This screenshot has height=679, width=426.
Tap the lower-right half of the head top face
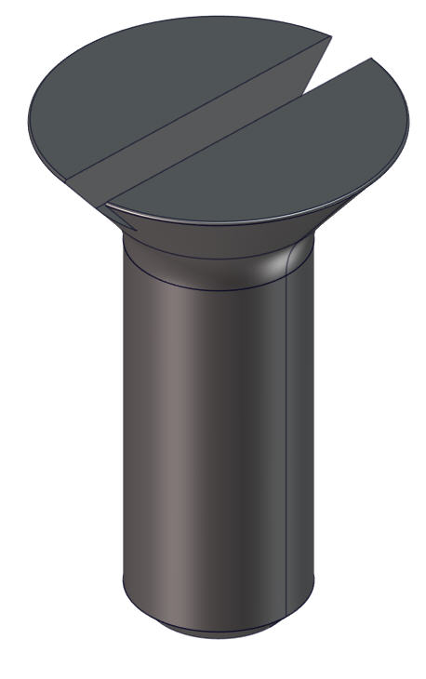click(x=279, y=158)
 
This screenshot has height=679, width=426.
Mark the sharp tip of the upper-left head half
click(x=330, y=37)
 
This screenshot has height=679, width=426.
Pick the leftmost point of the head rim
click(x=30, y=116)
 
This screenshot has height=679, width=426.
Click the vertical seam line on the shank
click(x=286, y=419)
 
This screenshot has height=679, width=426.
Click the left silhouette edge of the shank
click(x=124, y=419)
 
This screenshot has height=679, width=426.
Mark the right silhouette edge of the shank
click(x=313, y=419)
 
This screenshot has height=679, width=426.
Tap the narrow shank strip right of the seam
click(x=300, y=419)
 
